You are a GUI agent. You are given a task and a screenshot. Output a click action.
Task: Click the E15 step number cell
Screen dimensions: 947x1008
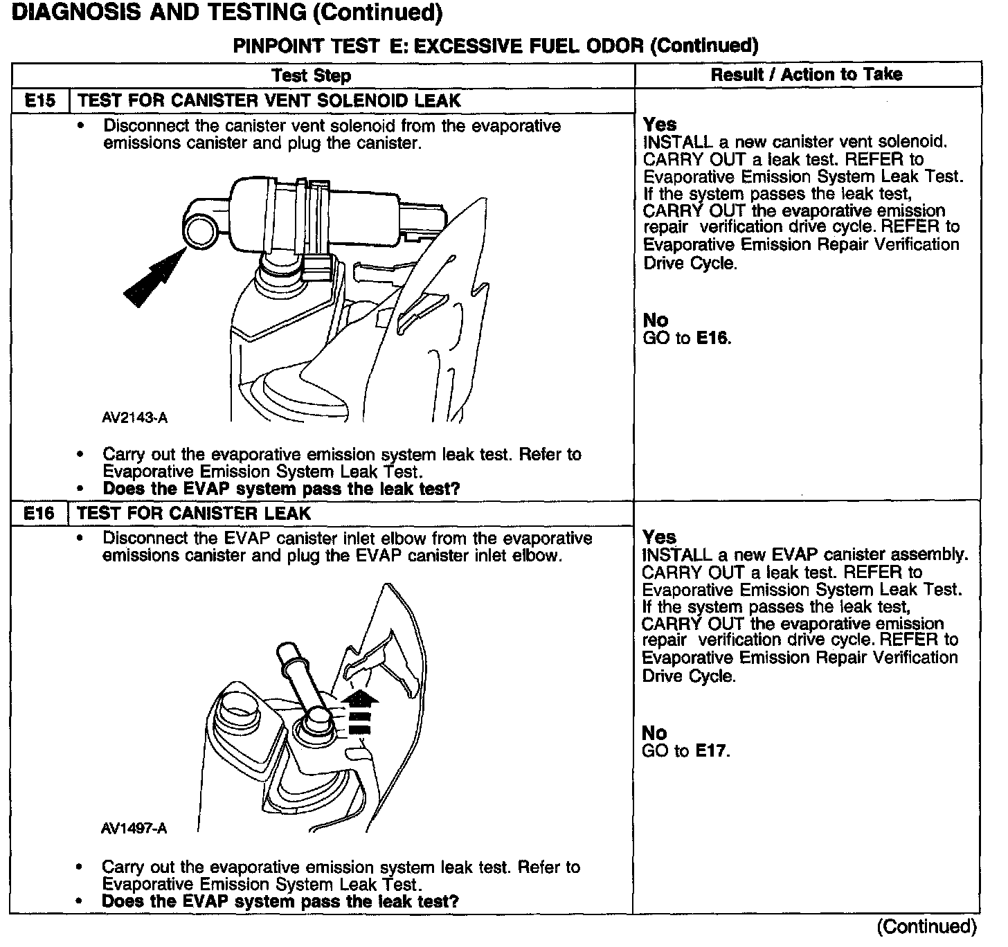coord(39,100)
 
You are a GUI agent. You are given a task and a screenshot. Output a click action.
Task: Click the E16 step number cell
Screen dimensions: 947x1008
coord(39,514)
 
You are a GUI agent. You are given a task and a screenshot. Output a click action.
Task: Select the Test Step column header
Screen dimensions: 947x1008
coord(311,75)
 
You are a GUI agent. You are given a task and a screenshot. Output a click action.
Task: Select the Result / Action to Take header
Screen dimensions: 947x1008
coord(807,75)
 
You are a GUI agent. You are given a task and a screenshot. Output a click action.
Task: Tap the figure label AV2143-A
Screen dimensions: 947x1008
coord(134,418)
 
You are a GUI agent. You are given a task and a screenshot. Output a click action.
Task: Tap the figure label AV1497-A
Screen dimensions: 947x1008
coord(134,829)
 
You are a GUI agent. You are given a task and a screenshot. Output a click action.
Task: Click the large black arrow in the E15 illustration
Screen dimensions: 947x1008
coord(152,277)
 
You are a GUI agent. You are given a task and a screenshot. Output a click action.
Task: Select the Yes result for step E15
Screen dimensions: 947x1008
coord(660,125)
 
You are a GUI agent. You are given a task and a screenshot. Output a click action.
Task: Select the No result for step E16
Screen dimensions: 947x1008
coord(655,733)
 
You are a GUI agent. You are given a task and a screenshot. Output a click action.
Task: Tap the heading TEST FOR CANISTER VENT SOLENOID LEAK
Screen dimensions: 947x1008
coord(269,101)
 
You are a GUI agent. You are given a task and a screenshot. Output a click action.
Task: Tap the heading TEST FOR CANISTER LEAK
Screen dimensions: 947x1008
coord(195,514)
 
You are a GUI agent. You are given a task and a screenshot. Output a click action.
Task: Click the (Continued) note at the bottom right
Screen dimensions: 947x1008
coord(926,926)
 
